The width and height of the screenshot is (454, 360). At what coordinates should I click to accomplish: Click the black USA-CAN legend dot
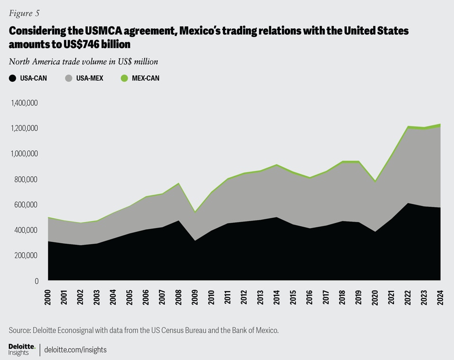coord(12,78)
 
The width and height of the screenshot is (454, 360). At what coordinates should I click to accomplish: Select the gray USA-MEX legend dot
coord(69,78)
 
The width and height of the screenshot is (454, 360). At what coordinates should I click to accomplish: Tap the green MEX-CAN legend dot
coord(125,78)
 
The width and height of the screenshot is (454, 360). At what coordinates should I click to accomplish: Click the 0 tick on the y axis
coord(36,281)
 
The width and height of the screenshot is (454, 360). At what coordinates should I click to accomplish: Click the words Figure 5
coord(24,13)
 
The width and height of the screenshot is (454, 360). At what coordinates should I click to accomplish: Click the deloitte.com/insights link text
coord(75,350)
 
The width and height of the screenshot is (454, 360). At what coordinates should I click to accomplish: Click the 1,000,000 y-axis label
coord(23,154)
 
